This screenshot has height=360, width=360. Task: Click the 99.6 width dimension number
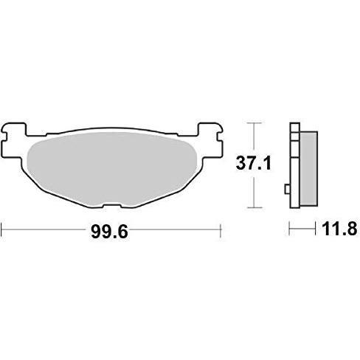[110, 232]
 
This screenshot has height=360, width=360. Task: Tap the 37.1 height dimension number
[254, 164]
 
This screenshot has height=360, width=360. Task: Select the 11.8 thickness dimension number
[339, 229]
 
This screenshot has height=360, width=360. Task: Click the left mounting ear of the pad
[13, 140]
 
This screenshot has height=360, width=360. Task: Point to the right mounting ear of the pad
[211, 139]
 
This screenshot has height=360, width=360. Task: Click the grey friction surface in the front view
[112, 169]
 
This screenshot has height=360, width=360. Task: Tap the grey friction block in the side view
[308, 169]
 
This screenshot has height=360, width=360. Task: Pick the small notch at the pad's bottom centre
[112, 206]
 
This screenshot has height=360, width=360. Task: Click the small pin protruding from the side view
[287, 189]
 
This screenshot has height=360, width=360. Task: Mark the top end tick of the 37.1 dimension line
[255, 122]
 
